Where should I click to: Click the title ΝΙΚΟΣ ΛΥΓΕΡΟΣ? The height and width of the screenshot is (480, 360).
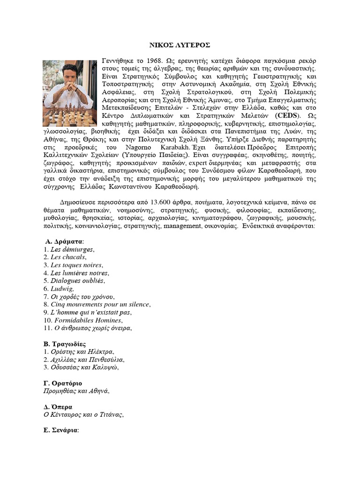pyautogui.click(x=180, y=45)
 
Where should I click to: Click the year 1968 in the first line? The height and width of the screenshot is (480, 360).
pyautogui.click(x=153, y=61)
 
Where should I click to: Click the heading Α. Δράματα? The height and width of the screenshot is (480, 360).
pyautogui.click(x=64, y=241)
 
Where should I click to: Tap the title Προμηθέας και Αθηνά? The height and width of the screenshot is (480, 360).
pyautogui.click(x=75, y=391)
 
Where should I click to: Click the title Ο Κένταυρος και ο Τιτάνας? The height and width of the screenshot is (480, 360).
pyautogui.click(x=83, y=415)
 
